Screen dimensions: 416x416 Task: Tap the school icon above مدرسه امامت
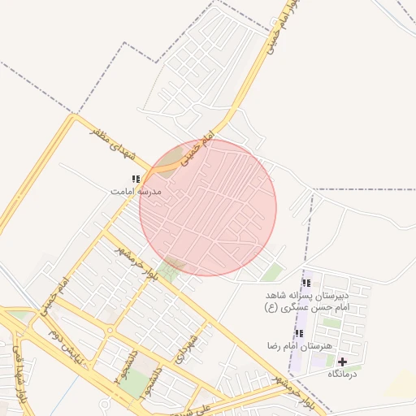tap(136, 179)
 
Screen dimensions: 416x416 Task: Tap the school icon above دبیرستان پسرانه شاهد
tap(306, 283)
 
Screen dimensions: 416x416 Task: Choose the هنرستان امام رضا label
tap(300, 346)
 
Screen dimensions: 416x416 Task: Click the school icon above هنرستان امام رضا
tap(299, 333)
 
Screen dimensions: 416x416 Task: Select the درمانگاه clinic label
tap(342, 374)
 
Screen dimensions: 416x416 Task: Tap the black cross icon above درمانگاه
tap(342, 362)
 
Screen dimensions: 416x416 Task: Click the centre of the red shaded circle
tap(208, 207)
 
